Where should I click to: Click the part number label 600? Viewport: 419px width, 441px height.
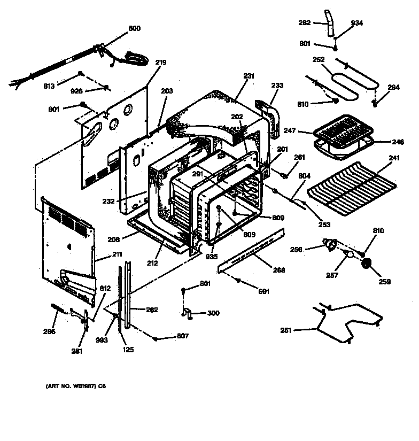coord(134,28)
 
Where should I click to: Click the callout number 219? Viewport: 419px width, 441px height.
coord(161,63)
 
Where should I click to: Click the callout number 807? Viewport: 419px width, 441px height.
coord(183,337)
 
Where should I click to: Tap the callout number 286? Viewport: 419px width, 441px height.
coord(49,331)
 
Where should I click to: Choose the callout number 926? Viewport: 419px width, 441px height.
coord(77,91)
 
